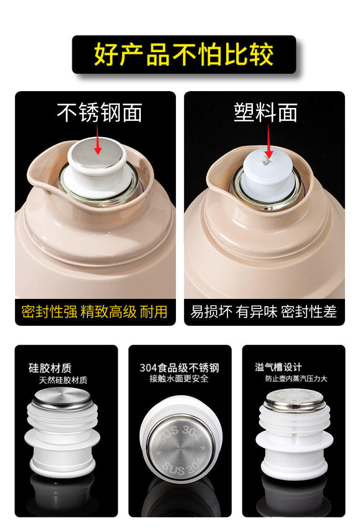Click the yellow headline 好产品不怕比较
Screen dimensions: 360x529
(x=184, y=54)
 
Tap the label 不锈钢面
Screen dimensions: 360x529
(x=99, y=113)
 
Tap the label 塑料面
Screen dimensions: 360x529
(x=266, y=113)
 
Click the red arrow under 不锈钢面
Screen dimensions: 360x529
(x=98, y=139)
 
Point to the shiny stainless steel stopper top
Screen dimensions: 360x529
(x=97, y=153)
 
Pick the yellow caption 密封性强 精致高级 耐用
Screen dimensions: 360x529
(x=94, y=311)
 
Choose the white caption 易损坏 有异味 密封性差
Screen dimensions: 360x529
(x=263, y=311)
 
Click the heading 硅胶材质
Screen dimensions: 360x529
(x=50, y=368)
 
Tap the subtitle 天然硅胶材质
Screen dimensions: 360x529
(x=63, y=380)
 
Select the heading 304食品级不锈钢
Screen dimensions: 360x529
(x=180, y=367)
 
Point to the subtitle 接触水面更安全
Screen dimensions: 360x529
(x=179, y=379)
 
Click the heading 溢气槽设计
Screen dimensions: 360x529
(x=278, y=367)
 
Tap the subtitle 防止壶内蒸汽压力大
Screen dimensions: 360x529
(x=296, y=379)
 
